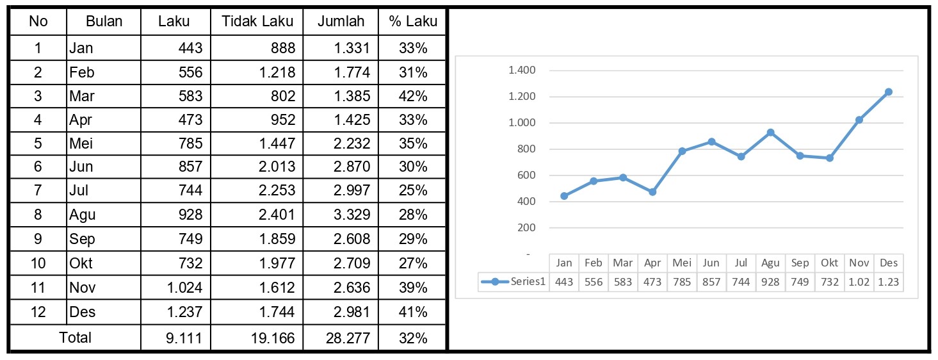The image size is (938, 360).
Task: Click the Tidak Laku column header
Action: click(257, 21)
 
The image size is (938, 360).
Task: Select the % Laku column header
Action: click(412, 21)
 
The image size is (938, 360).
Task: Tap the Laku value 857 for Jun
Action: click(189, 167)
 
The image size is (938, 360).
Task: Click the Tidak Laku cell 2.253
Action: click(277, 191)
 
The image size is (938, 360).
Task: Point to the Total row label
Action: click(75, 338)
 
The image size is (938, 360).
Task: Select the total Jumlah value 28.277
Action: click(347, 338)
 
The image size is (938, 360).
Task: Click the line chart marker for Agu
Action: click(770, 133)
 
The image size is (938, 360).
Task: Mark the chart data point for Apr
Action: click(652, 192)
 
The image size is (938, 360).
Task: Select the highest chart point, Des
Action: click(888, 92)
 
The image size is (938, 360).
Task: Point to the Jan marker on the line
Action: click(564, 196)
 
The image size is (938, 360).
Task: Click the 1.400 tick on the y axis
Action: click(522, 70)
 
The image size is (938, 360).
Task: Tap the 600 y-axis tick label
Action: click(526, 175)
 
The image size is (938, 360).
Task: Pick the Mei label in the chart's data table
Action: click(682, 263)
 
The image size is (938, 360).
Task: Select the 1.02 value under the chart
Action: click(859, 282)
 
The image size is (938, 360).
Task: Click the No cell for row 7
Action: click(38, 191)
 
